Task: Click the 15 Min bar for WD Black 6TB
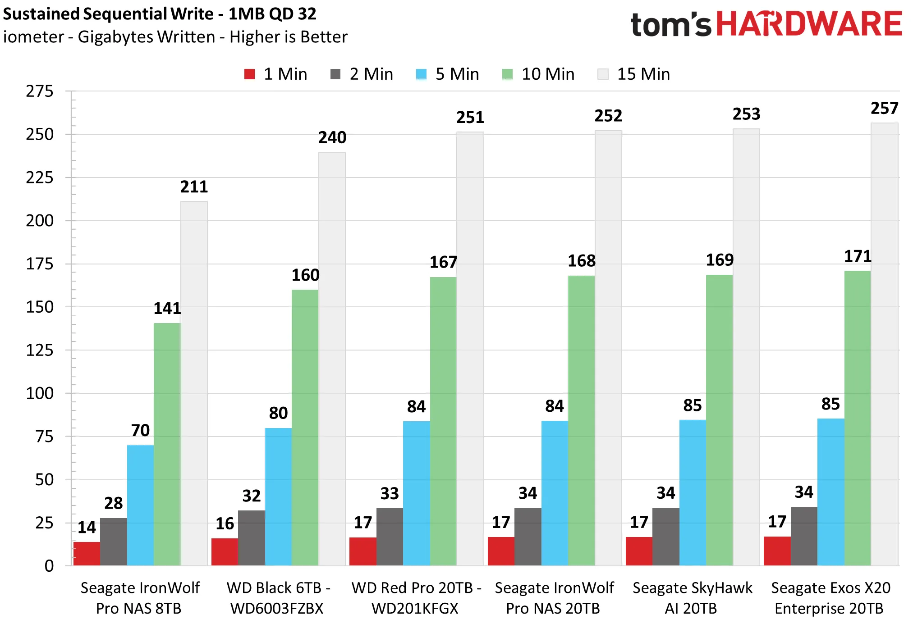332,359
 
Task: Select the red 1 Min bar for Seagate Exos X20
777,551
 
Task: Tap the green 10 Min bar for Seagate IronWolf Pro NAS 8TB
167,444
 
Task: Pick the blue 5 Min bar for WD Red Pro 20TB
417,493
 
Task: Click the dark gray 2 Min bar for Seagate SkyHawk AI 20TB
666,537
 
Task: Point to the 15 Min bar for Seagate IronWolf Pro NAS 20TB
608,348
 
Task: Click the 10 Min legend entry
538,74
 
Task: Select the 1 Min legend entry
275,74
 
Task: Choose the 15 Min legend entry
634,74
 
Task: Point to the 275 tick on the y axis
40,91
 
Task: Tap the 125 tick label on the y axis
40,350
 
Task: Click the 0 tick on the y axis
49,566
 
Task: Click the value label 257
885,108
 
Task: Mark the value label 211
194,187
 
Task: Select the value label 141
167,308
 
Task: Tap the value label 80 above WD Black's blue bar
278,413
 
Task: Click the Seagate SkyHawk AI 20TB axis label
693,598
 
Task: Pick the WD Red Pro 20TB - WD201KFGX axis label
416,598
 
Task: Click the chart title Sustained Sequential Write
108,14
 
